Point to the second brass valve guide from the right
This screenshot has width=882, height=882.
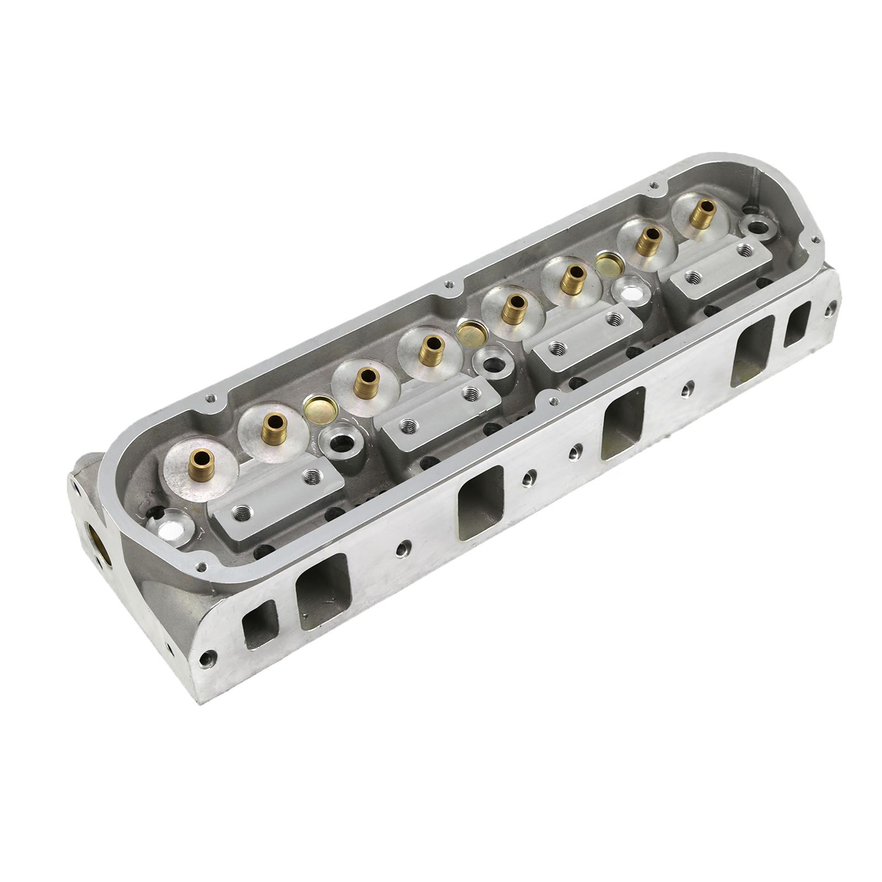point(642,241)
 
